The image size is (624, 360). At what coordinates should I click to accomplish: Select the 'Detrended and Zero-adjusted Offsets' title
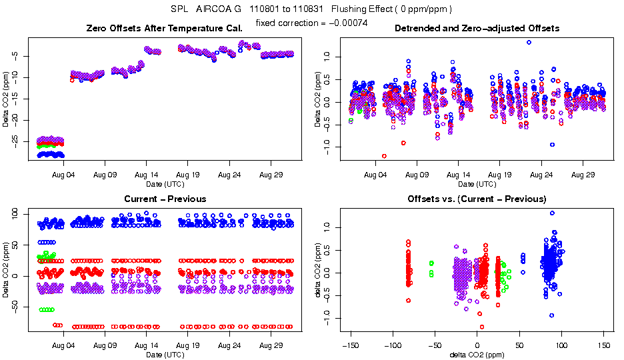pyautogui.click(x=477, y=28)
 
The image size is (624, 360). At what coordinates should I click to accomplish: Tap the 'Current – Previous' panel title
pyautogui.click(x=165, y=199)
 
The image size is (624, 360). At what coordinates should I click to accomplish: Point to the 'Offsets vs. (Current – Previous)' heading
pyautogui.click(x=477, y=199)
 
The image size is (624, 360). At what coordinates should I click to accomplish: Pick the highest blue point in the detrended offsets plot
pyautogui.click(x=529, y=42)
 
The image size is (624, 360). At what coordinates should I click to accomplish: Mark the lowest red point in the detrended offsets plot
pyautogui.click(x=384, y=156)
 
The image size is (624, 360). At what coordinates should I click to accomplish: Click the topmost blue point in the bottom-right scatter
pyautogui.click(x=552, y=213)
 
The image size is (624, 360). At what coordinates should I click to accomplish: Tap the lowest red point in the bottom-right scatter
pyautogui.click(x=481, y=327)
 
